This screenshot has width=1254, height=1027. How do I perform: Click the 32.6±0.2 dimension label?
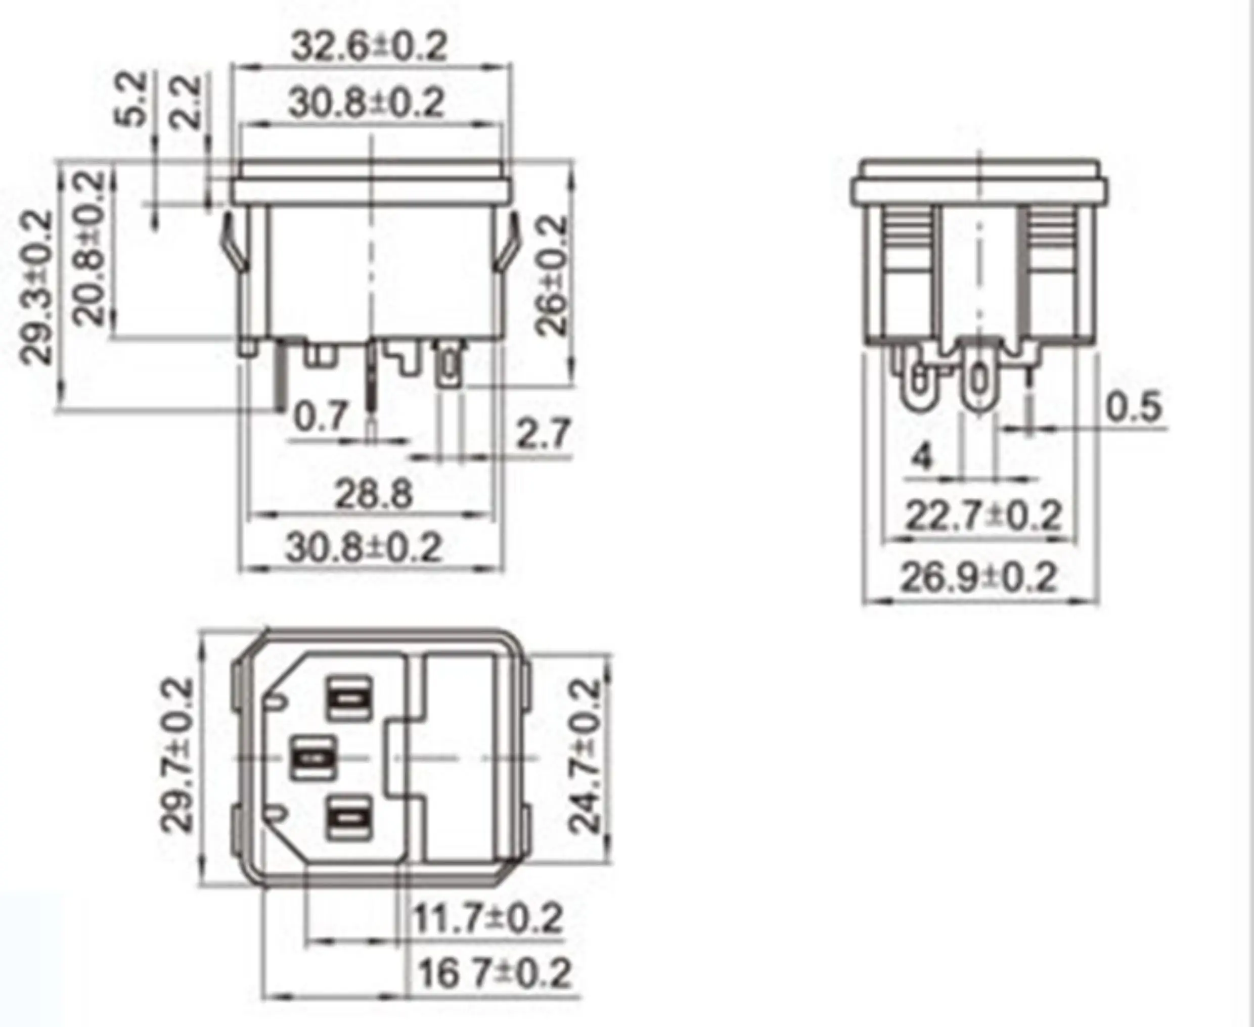point(369,46)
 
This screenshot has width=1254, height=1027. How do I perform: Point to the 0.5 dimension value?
point(1133,407)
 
